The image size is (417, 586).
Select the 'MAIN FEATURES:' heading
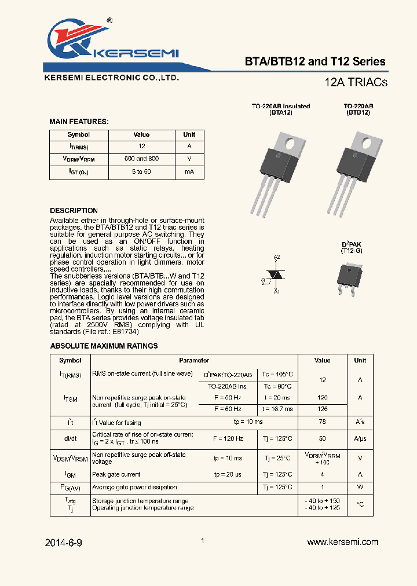(79, 122)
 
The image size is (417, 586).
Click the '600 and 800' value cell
(141, 159)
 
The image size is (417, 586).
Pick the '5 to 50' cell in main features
(141, 172)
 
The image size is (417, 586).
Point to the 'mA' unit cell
(189, 172)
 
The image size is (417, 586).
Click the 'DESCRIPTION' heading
(74, 211)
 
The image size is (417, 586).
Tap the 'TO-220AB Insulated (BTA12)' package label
(280, 109)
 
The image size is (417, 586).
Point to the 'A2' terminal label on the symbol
(277, 257)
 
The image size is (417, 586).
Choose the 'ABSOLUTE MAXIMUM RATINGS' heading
(104, 346)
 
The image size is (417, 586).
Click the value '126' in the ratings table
(323, 409)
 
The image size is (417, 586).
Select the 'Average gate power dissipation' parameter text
(134, 488)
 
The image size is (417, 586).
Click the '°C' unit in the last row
(360, 504)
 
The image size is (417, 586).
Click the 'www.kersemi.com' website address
(342, 542)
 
